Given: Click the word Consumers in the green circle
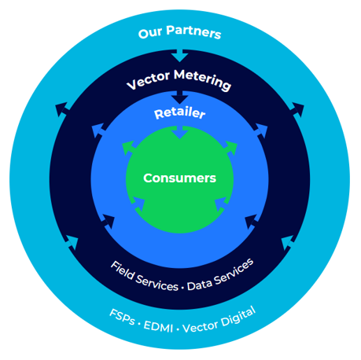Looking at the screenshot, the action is (179, 178).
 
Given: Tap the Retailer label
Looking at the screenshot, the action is (180, 113).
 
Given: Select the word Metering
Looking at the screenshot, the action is (203, 79).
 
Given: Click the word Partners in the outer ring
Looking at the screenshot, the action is (193, 32).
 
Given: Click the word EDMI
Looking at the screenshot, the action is (158, 327).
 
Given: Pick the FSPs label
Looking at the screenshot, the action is (122, 317).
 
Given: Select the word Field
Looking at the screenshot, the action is (123, 270).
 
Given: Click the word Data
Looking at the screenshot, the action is (200, 285).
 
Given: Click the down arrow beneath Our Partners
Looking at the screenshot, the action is (179, 56).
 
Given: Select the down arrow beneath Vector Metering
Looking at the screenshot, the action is (179, 97).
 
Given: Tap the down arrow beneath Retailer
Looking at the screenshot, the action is (179, 132).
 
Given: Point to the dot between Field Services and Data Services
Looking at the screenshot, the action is (182, 288).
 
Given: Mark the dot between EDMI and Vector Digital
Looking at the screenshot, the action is (178, 329).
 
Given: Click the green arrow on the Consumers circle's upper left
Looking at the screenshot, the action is (129, 148).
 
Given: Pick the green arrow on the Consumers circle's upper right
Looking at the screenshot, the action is (230, 148).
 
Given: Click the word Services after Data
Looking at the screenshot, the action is (234, 271).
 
